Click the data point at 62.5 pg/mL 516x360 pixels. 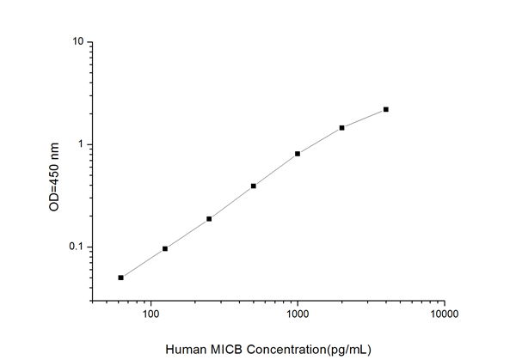[121, 278]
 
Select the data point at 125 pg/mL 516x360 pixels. [165, 248]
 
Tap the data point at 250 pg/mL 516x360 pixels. [209, 219]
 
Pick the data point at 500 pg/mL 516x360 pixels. [254, 186]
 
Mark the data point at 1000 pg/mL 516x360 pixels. [298, 154]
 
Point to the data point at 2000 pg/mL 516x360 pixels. [342, 127]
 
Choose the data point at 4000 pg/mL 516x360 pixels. [386, 109]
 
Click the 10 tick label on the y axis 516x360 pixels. [77, 42]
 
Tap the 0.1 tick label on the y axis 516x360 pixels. [75, 247]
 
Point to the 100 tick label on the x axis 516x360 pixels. [151, 314]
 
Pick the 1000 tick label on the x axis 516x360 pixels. [298, 314]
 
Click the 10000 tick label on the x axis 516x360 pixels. [444, 314]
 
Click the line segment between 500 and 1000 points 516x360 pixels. [275, 170]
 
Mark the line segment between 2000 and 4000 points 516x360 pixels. [365, 118]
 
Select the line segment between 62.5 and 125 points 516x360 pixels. [144, 263]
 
